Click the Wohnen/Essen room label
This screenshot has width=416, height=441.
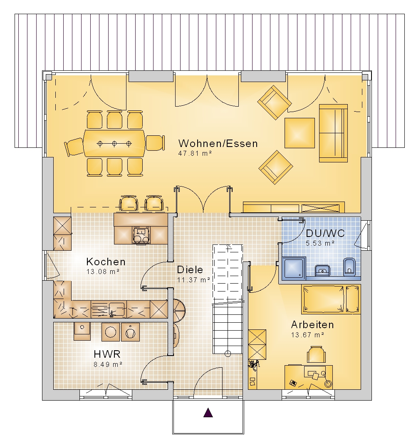point(218,143)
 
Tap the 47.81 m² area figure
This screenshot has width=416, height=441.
point(195,153)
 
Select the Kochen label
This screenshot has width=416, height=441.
point(106,262)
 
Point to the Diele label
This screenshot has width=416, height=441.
point(190,270)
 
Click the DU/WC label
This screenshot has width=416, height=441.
point(325,234)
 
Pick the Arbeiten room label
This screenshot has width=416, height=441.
point(312,324)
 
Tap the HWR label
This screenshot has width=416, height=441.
point(107,354)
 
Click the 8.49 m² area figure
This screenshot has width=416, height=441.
point(108,364)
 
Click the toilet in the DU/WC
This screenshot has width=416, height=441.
point(349,267)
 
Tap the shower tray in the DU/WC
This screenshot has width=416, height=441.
point(294,268)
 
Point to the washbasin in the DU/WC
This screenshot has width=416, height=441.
point(322,270)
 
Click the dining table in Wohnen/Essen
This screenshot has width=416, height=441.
point(114,143)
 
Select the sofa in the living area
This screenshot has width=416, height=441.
point(333,133)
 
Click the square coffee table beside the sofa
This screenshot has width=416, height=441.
point(300,133)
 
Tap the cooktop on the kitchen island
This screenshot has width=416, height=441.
point(141,235)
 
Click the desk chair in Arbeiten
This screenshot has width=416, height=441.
point(316,354)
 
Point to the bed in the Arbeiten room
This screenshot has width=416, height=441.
point(331,299)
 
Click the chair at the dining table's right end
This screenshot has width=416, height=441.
point(155,143)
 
